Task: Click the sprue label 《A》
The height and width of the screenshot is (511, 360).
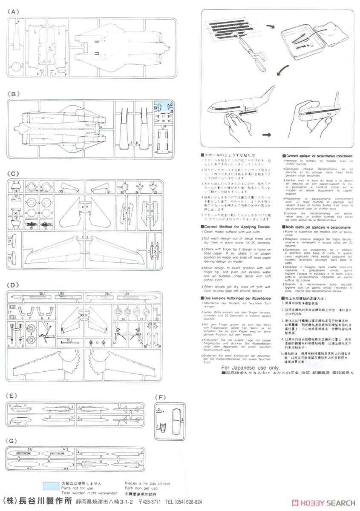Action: pos(12,12)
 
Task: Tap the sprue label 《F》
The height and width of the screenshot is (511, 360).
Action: pos(160,397)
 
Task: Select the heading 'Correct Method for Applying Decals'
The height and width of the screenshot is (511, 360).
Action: pos(233,227)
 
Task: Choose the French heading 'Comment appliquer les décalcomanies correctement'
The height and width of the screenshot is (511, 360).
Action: pos(317,156)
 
